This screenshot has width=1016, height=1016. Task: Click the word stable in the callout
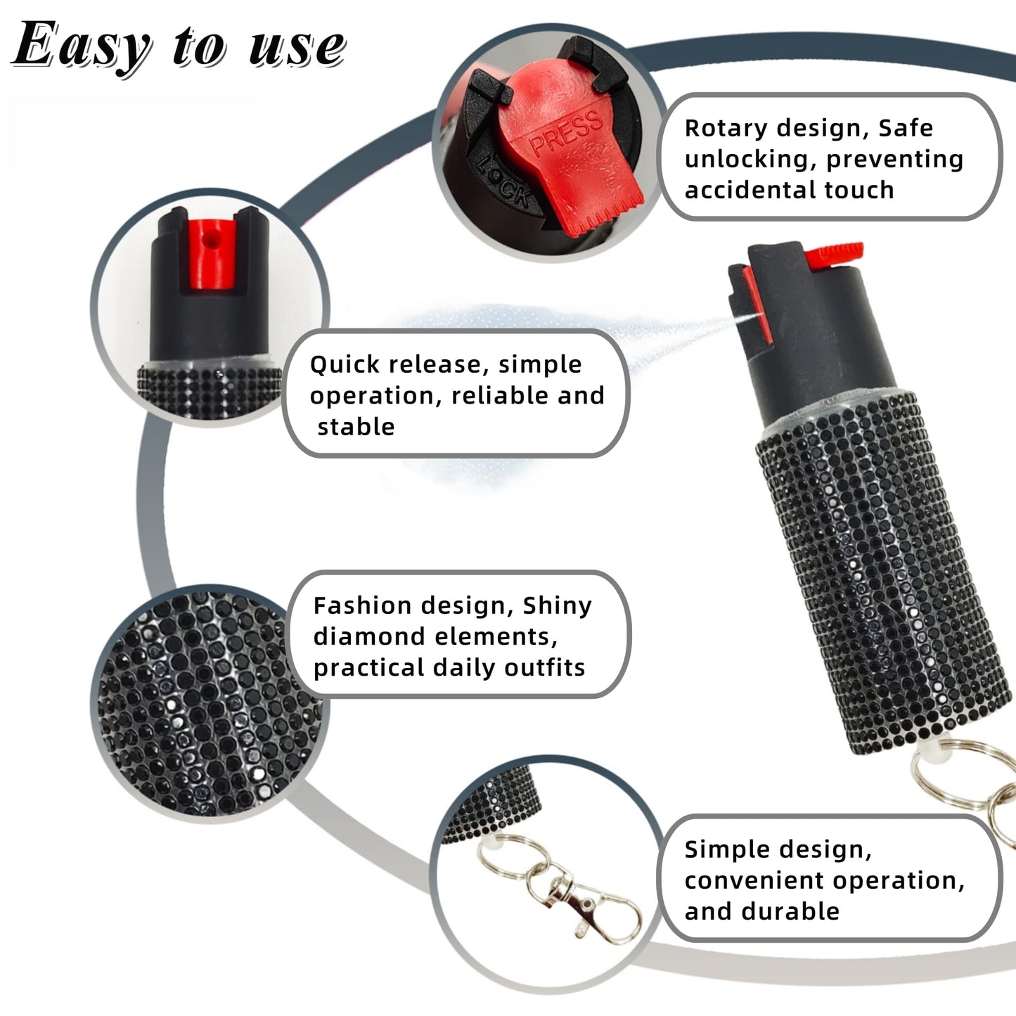(356, 427)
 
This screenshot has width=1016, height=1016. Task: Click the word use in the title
(297, 48)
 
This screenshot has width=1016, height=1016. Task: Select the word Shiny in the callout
(558, 606)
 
